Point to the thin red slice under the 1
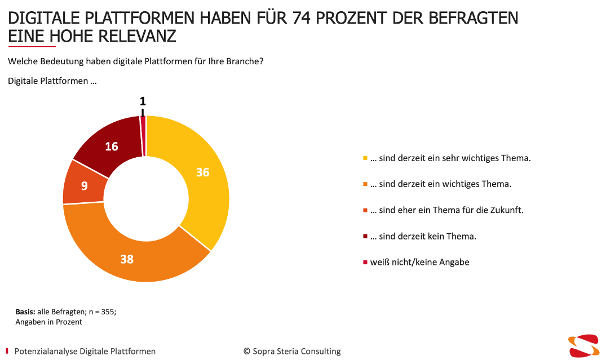pyautogui.click(x=143, y=135)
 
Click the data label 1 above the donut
pyautogui.click(x=143, y=101)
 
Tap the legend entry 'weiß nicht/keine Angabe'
pyautogui.click(x=419, y=262)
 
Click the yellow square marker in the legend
pyautogui.click(x=365, y=158)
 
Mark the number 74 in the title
pyautogui.click(x=303, y=18)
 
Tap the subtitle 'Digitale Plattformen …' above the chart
pyautogui.click(x=52, y=81)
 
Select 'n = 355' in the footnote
pyautogui.click(x=102, y=312)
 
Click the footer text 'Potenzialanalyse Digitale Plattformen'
pyautogui.click(x=85, y=351)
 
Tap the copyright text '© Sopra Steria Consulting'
pyautogui.click(x=292, y=351)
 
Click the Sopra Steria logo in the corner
pyautogui.click(x=583, y=345)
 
